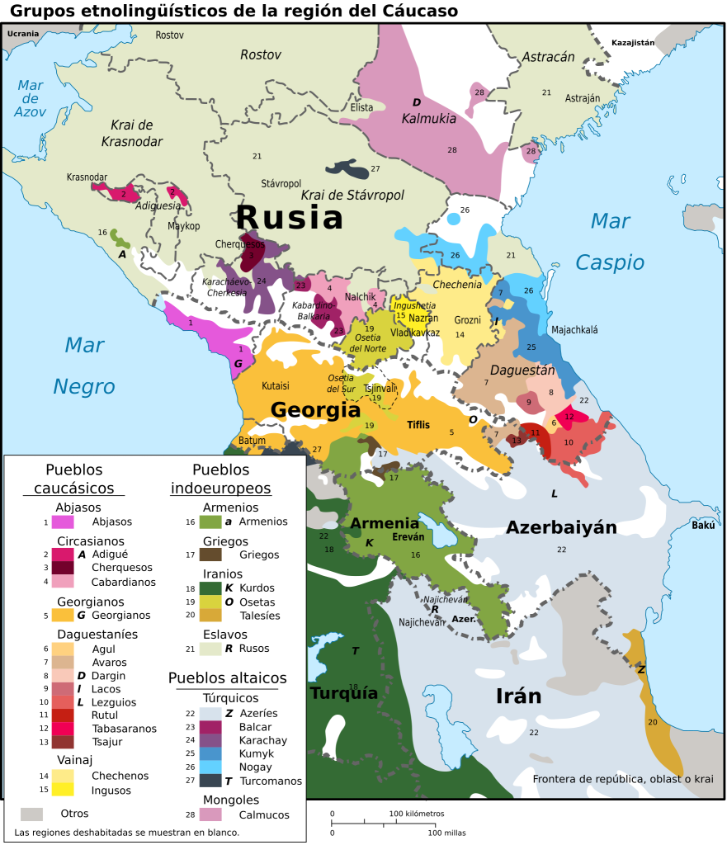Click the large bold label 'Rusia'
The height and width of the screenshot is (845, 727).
[289, 218]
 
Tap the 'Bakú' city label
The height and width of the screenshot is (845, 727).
[704, 526]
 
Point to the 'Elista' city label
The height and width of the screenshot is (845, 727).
[361, 107]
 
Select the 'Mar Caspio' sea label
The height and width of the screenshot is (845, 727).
[610, 241]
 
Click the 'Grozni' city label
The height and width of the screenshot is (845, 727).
[467, 319]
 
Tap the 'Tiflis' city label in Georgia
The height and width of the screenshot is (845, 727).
[418, 425]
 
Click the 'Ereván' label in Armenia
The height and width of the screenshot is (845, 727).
[408, 536]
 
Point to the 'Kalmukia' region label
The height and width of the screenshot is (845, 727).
[428, 118]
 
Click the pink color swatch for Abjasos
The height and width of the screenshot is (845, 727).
[62, 522]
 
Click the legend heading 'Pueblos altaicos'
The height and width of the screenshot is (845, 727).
[228, 678]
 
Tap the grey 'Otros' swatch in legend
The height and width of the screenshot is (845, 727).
[31, 814]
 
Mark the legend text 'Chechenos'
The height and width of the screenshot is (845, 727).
[120, 776]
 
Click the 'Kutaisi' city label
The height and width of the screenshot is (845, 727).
[276, 385]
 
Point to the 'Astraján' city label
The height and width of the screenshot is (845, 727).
[583, 98]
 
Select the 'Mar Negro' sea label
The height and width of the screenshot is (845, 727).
[84, 365]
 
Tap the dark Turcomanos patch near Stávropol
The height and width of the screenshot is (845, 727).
[347, 168]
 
